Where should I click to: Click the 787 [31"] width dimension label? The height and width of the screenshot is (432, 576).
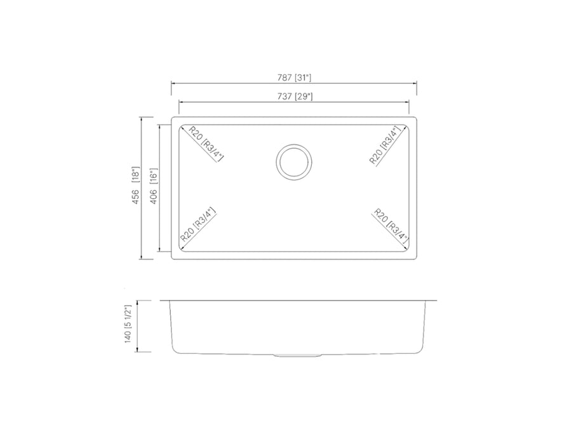(293, 78)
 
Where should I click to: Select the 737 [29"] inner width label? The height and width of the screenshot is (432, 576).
(293, 97)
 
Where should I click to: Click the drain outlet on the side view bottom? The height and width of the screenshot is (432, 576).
(293, 354)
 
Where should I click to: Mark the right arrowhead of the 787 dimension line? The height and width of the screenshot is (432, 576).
(415, 83)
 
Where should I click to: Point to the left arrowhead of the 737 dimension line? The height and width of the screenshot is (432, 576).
(180, 102)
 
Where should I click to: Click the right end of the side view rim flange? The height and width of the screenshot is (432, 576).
(436, 300)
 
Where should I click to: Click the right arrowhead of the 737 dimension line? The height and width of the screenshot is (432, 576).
(407, 102)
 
